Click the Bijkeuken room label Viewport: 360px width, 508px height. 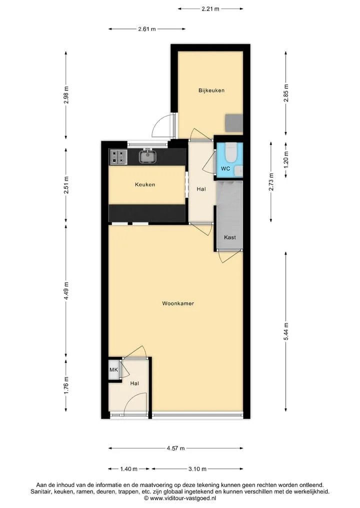pos(211,90)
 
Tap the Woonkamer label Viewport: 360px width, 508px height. pos(178,304)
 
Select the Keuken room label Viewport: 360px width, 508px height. pos(145,185)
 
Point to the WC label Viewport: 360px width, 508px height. pos(225,169)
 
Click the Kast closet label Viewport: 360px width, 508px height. pos(230,237)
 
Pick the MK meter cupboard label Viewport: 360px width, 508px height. pos(113,370)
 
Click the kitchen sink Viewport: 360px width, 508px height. pos(148,157)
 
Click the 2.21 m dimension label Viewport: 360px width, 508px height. pos(210,9)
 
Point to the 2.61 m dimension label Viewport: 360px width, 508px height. pos(147,29)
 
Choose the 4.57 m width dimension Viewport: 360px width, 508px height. pos(176,449)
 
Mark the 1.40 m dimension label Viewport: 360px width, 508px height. pos(129,469)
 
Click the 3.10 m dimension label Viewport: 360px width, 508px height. pos(197,469)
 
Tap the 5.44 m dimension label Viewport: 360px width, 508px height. pos(286,332)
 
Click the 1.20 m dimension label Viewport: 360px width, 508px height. pos(286,160)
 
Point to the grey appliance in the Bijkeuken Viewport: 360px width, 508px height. pos(234,123)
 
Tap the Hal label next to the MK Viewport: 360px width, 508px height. pos(134,384)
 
